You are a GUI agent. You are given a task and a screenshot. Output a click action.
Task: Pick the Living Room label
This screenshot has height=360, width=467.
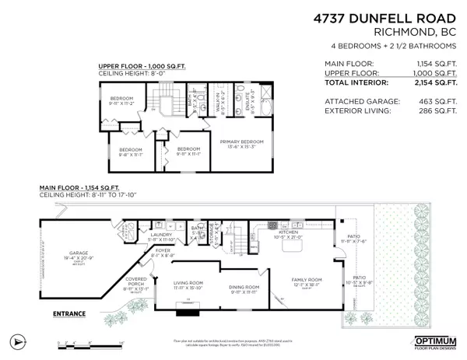188,285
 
